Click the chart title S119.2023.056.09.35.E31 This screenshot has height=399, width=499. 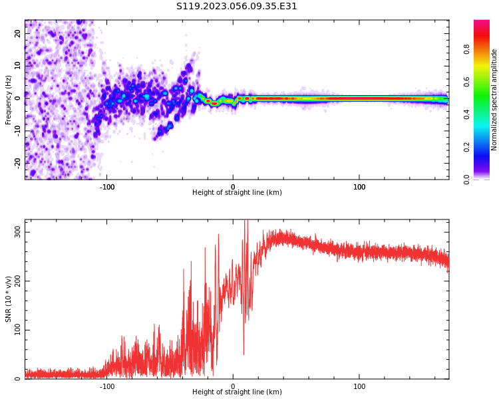[236, 7]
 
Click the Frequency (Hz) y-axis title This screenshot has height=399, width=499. [9, 100]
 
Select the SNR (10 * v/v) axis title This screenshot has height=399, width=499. [9, 299]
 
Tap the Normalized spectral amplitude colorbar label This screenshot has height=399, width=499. [494, 100]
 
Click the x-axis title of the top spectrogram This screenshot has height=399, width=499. [237, 193]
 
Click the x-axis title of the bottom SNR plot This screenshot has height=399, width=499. [237, 392]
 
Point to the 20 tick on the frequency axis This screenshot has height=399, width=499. [18, 33]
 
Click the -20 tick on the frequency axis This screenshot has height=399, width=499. [18, 162]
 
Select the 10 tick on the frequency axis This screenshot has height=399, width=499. [18, 66]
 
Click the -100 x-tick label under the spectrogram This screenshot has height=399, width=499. [106, 187]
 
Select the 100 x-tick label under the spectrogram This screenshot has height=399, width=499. [359, 187]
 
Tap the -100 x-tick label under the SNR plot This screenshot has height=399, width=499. [106, 386]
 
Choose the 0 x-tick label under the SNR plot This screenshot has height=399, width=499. [233, 386]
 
